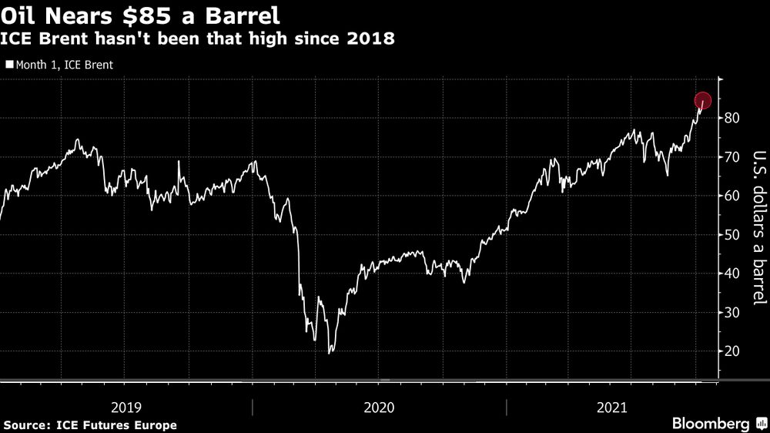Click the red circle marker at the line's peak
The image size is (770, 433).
(x=703, y=101)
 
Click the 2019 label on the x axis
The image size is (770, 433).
(x=126, y=406)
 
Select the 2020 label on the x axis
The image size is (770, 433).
(x=379, y=406)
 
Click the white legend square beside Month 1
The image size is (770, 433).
(x=8, y=65)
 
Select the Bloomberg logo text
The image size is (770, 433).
(x=711, y=424)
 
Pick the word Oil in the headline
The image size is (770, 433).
(x=19, y=14)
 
